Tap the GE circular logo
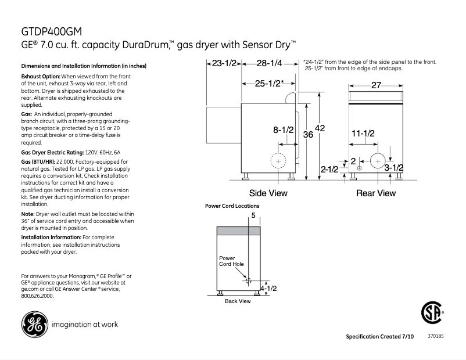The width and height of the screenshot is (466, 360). click(x=34, y=324)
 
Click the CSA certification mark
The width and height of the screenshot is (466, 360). click(x=431, y=314)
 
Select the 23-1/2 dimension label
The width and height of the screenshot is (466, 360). click(x=224, y=63)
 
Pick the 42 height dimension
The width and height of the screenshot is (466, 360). click(x=320, y=128)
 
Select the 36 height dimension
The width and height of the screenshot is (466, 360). click(x=309, y=135)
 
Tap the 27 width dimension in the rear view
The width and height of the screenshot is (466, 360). click(x=376, y=85)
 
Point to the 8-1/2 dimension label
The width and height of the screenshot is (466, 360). click(x=284, y=131)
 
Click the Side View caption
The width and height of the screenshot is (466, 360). click(x=268, y=193)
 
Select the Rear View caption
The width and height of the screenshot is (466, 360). click(x=375, y=193)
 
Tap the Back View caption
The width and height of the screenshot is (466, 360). click(x=238, y=301)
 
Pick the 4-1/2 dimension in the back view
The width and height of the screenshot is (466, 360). click(x=268, y=287)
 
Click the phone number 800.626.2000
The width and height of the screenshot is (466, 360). click(x=37, y=296)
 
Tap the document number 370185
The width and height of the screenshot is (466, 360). click(x=435, y=336)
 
